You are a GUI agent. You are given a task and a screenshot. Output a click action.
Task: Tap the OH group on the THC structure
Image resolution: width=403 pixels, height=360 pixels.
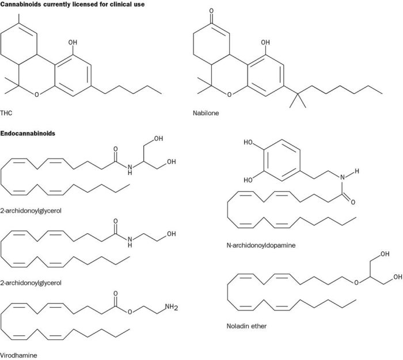tap(72, 42)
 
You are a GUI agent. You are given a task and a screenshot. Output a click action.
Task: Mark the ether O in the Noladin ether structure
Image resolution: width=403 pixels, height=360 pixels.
tap(340, 282)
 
